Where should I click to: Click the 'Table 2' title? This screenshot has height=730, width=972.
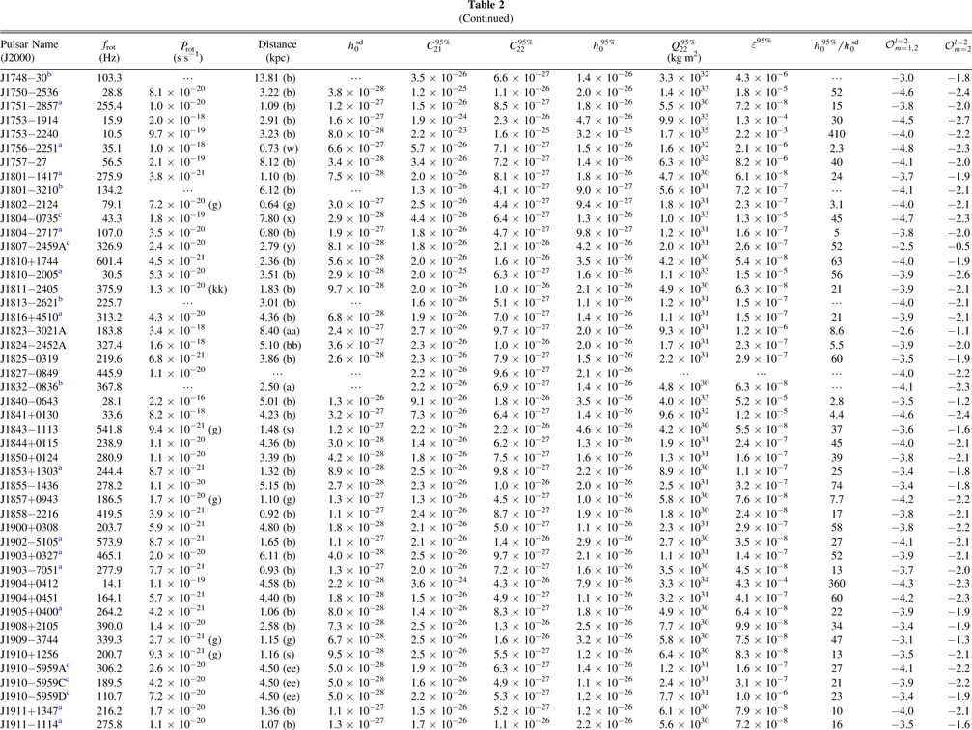click(486, 6)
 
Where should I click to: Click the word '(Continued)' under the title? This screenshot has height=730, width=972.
click(486, 18)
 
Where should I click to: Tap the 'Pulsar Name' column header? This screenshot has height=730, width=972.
click(29, 44)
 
